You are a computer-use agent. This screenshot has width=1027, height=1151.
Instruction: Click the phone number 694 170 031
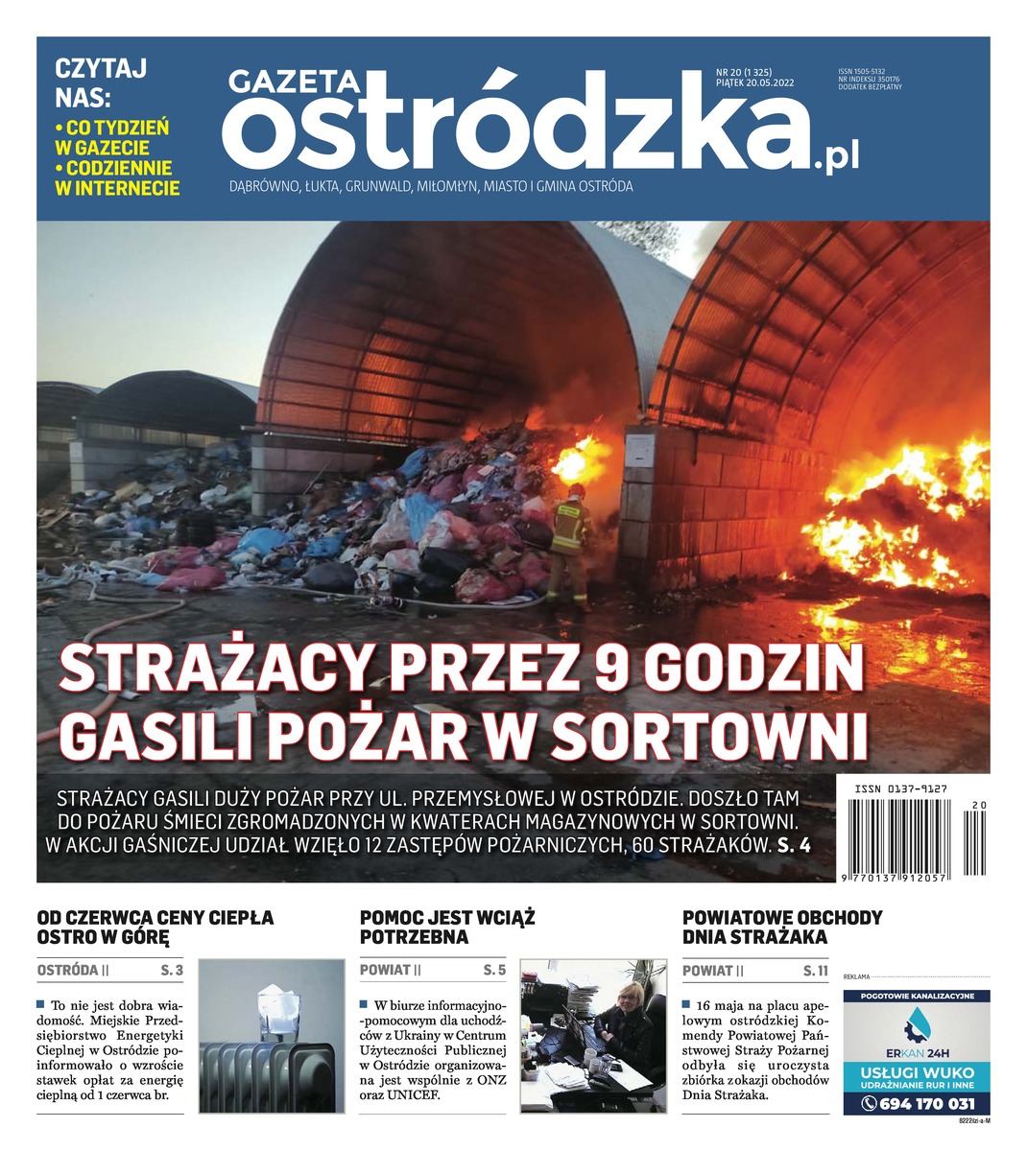919,1103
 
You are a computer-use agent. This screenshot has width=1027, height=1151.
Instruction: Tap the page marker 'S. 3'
173,971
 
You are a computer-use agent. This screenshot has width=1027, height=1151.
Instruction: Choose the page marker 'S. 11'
815,971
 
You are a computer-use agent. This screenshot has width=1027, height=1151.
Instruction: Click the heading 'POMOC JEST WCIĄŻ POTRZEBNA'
446,927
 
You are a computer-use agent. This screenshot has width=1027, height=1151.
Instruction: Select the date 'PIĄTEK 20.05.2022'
755,82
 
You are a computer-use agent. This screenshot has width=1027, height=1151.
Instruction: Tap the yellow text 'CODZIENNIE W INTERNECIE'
117,177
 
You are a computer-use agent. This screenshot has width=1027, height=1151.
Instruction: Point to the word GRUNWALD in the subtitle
376,186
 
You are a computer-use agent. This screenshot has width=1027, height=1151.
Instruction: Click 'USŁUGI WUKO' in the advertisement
917,1072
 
